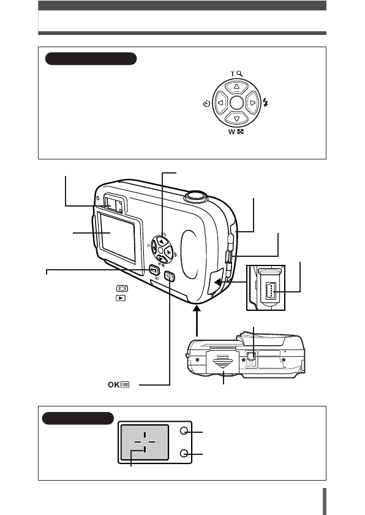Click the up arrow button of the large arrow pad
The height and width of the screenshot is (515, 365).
tap(236, 87)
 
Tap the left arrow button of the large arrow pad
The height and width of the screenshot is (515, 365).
tap(220, 103)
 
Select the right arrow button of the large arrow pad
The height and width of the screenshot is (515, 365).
tap(252, 103)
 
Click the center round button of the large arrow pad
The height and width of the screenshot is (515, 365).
tap(236, 103)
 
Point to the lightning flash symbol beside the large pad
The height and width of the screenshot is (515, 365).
tap(265, 103)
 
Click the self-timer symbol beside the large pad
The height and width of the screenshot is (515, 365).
tap(206, 104)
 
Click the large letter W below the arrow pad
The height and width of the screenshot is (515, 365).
tap(232, 132)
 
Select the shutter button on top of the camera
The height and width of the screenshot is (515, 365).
tap(196, 196)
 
